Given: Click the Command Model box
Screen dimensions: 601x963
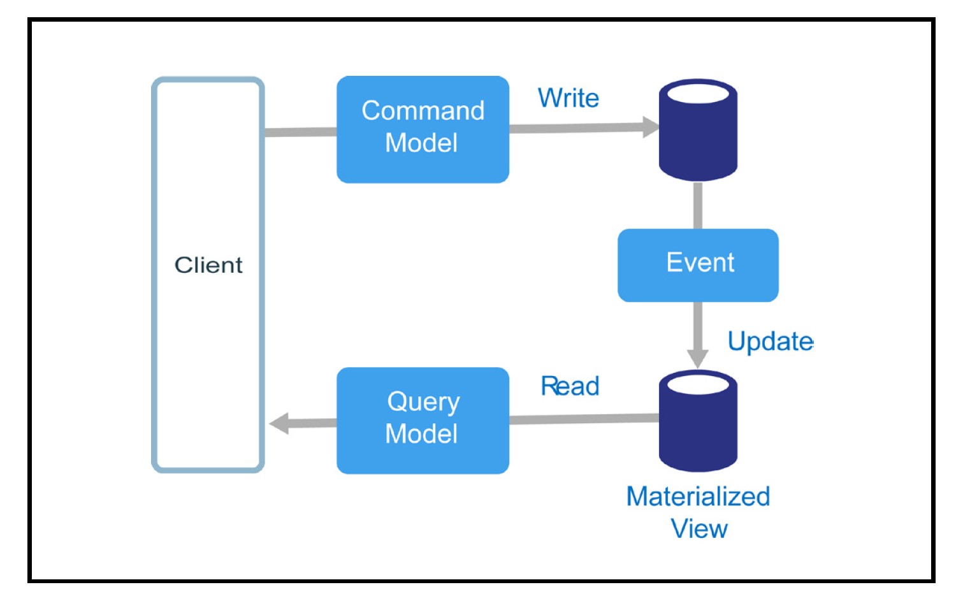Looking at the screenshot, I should click(x=423, y=129).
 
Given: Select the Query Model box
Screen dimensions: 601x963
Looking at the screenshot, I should click(x=423, y=421).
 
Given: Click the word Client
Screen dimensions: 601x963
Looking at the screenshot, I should click(x=208, y=265).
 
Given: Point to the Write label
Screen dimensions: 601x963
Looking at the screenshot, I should click(x=568, y=98).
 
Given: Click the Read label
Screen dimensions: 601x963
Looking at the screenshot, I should click(x=570, y=386).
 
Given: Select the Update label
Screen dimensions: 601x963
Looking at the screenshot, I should click(x=770, y=342).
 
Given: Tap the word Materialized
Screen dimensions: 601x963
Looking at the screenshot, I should click(x=698, y=496).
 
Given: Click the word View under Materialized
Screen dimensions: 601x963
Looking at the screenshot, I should click(x=699, y=529).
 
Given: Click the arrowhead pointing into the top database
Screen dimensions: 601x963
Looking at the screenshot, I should click(x=650, y=127).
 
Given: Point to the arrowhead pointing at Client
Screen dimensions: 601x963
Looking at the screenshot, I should click(x=279, y=423).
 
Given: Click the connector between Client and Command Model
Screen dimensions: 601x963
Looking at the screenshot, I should click(x=300, y=132).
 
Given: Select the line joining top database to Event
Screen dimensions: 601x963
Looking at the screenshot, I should click(x=698, y=205).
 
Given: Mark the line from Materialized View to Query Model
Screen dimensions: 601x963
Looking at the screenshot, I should click(x=583, y=419).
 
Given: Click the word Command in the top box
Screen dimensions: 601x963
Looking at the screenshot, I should click(x=423, y=111).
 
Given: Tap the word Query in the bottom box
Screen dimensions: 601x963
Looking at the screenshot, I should click(x=423, y=402).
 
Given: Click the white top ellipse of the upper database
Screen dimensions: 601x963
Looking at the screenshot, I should click(x=698, y=94).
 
